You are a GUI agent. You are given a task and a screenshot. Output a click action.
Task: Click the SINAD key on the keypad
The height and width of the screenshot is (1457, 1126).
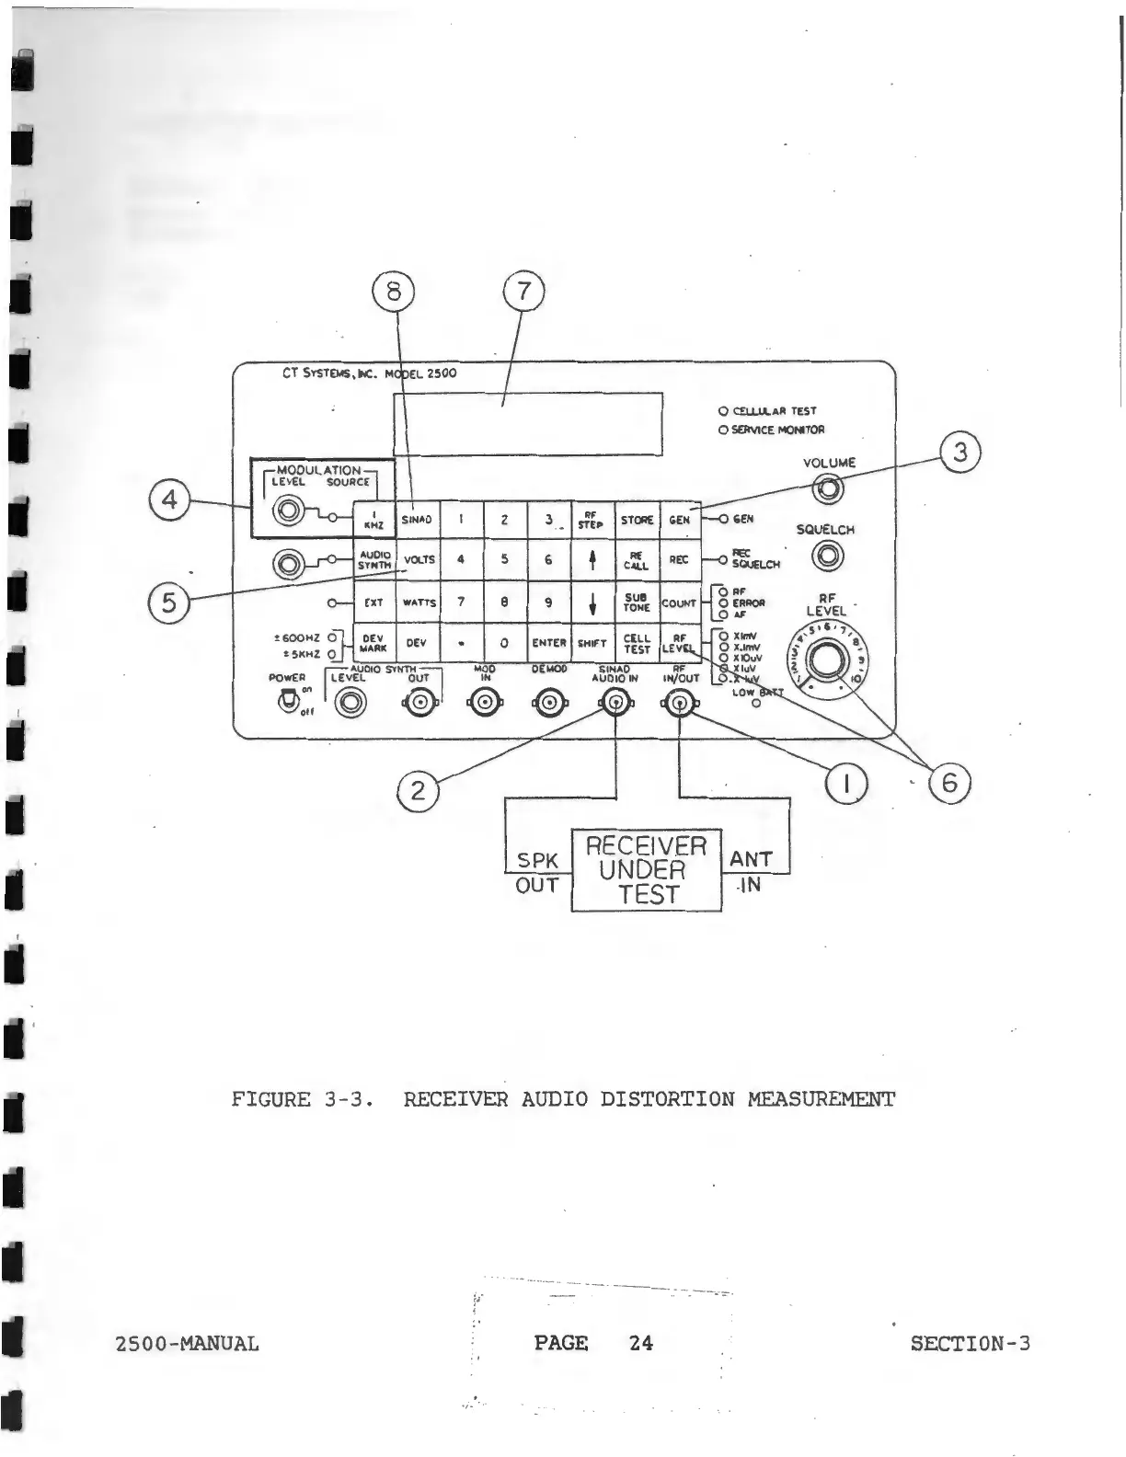click(x=417, y=520)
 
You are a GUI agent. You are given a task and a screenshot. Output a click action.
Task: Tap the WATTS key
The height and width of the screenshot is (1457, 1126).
click(x=419, y=603)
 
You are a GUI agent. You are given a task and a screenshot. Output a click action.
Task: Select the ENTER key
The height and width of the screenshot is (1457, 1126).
click(x=548, y=643)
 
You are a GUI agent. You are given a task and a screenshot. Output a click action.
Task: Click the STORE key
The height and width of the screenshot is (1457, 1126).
click(x=637, y=520)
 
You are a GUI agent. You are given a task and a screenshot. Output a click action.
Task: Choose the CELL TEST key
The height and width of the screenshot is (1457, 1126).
click(x=637, y=643)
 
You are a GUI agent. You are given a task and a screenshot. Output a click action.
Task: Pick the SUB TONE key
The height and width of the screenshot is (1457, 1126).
click(x=637, y=602)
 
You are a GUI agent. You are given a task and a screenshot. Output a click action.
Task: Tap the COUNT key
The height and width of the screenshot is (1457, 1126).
click(x=679, y=603)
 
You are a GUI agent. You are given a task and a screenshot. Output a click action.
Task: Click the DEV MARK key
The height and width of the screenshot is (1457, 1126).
click(x=373, y=643)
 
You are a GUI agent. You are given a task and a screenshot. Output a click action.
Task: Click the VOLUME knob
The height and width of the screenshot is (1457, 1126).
click(x=829, y=489)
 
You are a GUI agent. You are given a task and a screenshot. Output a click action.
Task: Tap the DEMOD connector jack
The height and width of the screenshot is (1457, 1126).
click(x=548, y=705)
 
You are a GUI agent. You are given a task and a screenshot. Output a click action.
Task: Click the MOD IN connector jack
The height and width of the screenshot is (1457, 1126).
click(x=484, y=705)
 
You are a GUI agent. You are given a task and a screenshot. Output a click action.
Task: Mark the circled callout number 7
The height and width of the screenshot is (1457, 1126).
click(x=523, y=292)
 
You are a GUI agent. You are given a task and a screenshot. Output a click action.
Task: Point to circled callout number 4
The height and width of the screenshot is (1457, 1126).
click(x=169, y=499)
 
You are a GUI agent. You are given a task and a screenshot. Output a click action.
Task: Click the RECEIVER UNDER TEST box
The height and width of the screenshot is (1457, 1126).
click(x=647, y=870)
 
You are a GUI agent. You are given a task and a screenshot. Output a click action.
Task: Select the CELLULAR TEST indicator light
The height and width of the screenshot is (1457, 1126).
click(x=723, y=411)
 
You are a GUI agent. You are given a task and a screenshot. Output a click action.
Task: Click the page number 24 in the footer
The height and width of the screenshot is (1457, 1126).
click(x=641, y=1343)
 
